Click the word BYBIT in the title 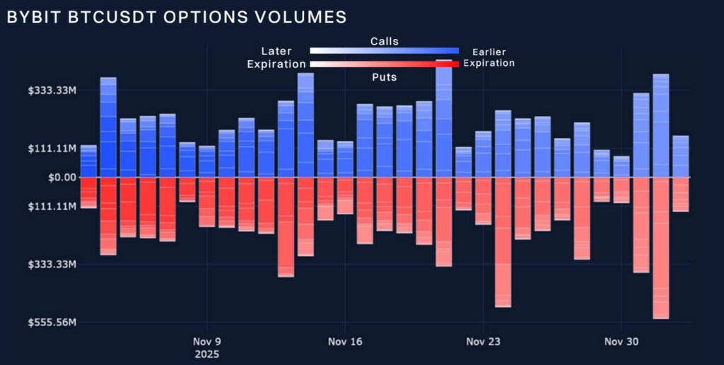tap(29, 17)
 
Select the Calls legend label tap(384, 41)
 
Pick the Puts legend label tap(384, 76)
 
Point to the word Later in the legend tap(276, 51)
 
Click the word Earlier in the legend tap(489, 52)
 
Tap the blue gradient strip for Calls tap(384, 51)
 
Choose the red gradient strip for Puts tap(384, 64)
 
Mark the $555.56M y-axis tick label tap(52, 323)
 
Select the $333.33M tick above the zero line tap(52, 91)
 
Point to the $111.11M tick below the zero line tap(52, 207)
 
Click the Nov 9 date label tap(207, 342)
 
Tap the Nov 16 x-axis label tap(345, 342)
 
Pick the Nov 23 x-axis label tap(483, 342)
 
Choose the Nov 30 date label tap(621, 342)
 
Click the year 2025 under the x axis tap(206, 353)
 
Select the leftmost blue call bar tap(88, 161)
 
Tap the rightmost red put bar tap(681, 195)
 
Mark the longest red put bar tap(661, 248)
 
